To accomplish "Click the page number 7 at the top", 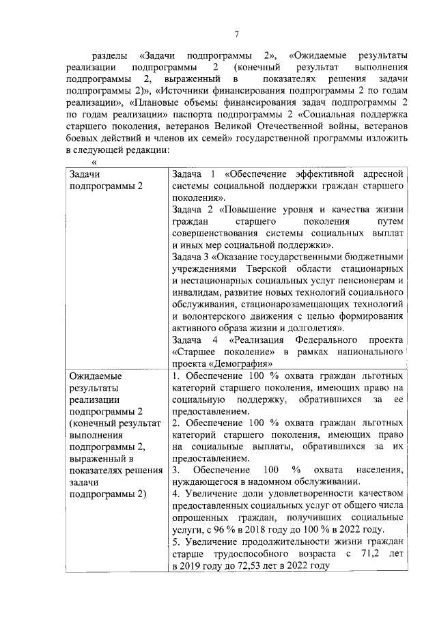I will coord(236,35).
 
